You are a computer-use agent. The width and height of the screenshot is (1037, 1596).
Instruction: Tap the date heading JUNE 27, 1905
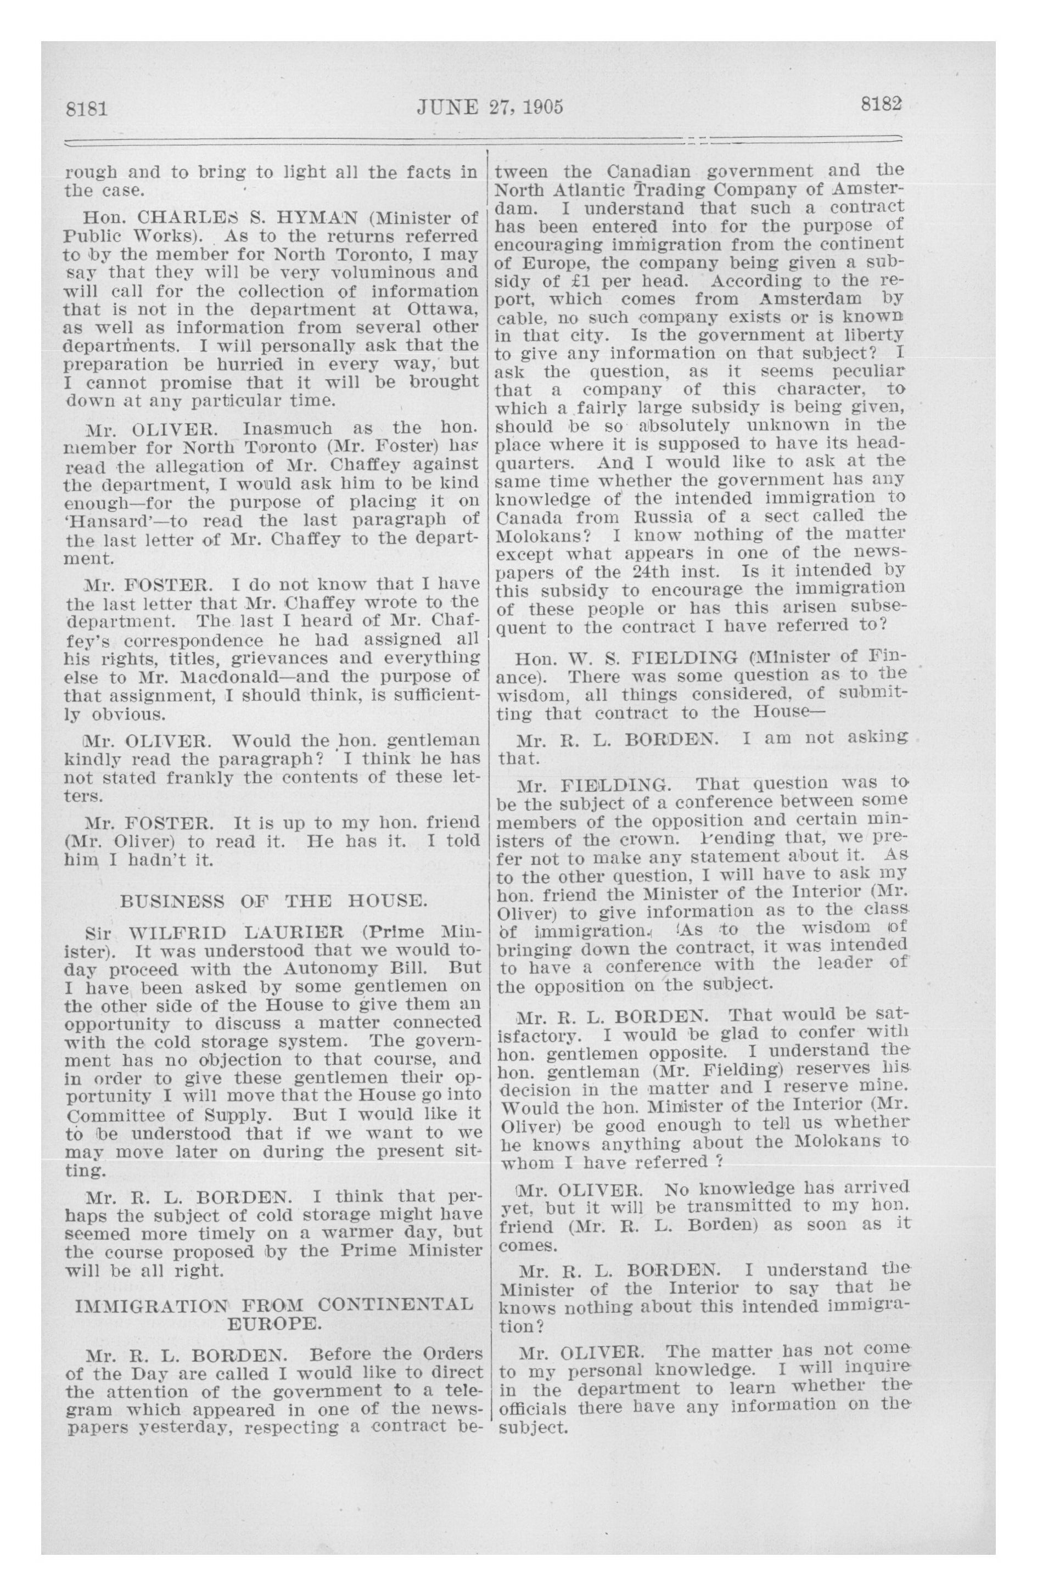[x=490, y=106]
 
